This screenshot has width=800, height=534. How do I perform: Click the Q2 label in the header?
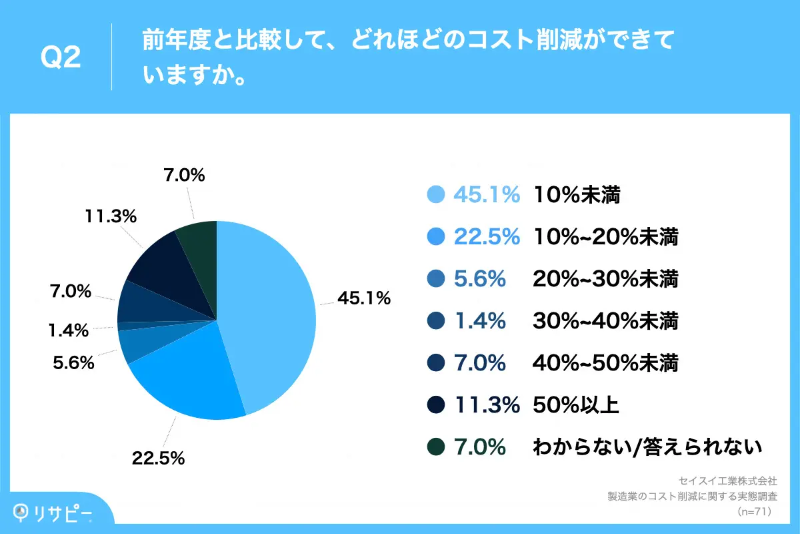(61, 58)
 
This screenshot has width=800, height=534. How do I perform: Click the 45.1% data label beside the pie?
(363, 299)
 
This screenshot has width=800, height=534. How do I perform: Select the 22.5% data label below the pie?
(158, 459)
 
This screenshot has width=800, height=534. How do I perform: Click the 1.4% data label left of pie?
(68, 330)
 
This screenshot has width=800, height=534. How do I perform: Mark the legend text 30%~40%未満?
(605, 321)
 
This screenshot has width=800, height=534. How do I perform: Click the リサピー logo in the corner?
(53, 511)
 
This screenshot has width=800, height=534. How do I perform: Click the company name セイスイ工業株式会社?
(727, 481)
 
